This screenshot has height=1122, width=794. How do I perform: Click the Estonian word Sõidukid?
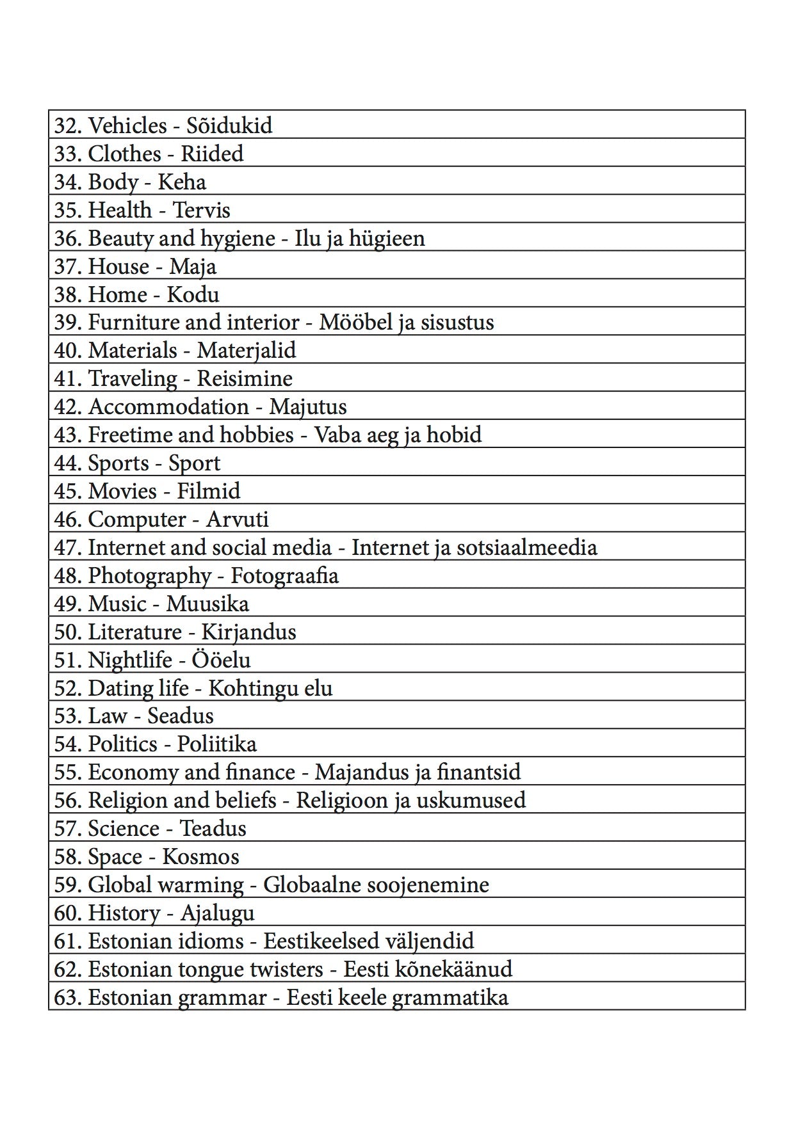229,125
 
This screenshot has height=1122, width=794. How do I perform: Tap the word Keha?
182,182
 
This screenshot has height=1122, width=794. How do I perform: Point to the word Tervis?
202,210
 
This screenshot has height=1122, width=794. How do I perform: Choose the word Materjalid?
247,351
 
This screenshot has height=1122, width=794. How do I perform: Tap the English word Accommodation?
168,407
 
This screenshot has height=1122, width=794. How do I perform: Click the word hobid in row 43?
454,435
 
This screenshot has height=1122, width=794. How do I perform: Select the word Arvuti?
237,519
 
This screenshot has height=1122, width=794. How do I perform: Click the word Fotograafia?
284,576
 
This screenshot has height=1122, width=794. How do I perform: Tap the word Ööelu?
221,660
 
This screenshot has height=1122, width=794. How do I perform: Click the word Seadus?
181,716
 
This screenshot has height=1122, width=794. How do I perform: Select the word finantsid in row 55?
478,772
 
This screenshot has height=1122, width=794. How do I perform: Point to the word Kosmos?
200,856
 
